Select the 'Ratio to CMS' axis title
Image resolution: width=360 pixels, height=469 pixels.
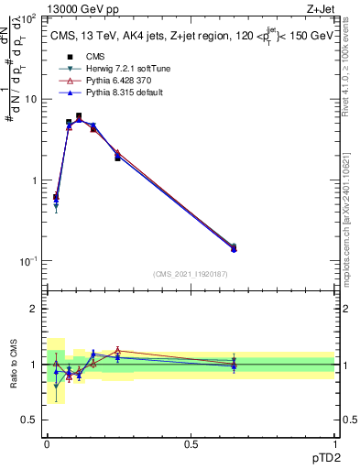(14, 364)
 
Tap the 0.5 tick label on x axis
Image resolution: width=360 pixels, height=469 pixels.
(191, 443)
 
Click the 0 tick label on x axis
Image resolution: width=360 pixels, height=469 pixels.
(47, 443)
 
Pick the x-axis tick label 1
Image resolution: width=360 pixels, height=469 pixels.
(334, 443)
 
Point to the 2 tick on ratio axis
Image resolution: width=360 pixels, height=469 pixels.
(34, 309)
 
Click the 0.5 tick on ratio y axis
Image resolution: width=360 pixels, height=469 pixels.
(30, 420)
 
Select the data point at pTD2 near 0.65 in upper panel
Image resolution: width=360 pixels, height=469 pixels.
(234, 247)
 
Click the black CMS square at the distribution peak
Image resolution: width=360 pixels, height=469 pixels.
(104, 116)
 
